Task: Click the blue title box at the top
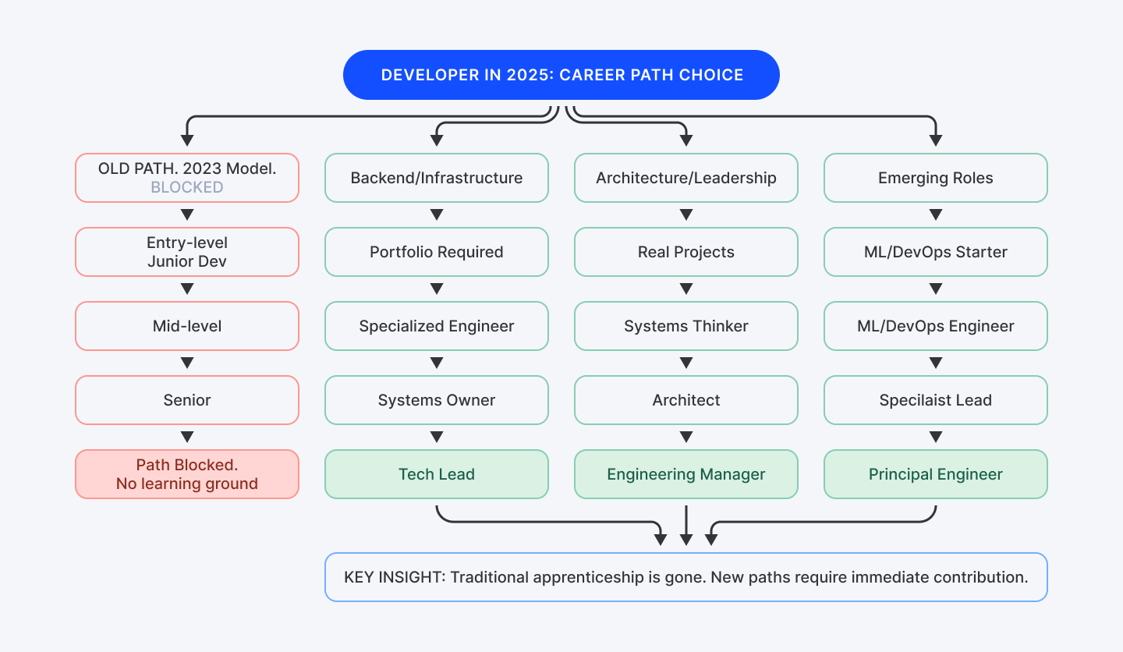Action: [561, 75]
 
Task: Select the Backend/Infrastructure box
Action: [437, 178]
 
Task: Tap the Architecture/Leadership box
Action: [686, 178]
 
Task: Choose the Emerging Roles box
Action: [936, 178]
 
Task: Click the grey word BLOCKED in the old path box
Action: [187, 188]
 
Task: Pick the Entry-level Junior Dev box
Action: [187, 252]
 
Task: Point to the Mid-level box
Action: [187, 326]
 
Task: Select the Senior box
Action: [187, 400]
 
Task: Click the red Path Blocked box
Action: [187, 474]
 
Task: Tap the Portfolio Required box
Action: [437, 252]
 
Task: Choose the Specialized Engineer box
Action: [437, 326]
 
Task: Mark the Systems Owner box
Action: [437, 400]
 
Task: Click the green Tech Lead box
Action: [437, 474]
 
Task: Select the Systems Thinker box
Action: [686, 326]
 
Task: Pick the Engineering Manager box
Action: [686, 474]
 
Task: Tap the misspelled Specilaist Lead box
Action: [936, 400]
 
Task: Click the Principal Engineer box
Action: [936, 474]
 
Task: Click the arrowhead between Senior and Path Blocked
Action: [187, 437]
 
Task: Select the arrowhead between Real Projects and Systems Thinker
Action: [686, 289]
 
